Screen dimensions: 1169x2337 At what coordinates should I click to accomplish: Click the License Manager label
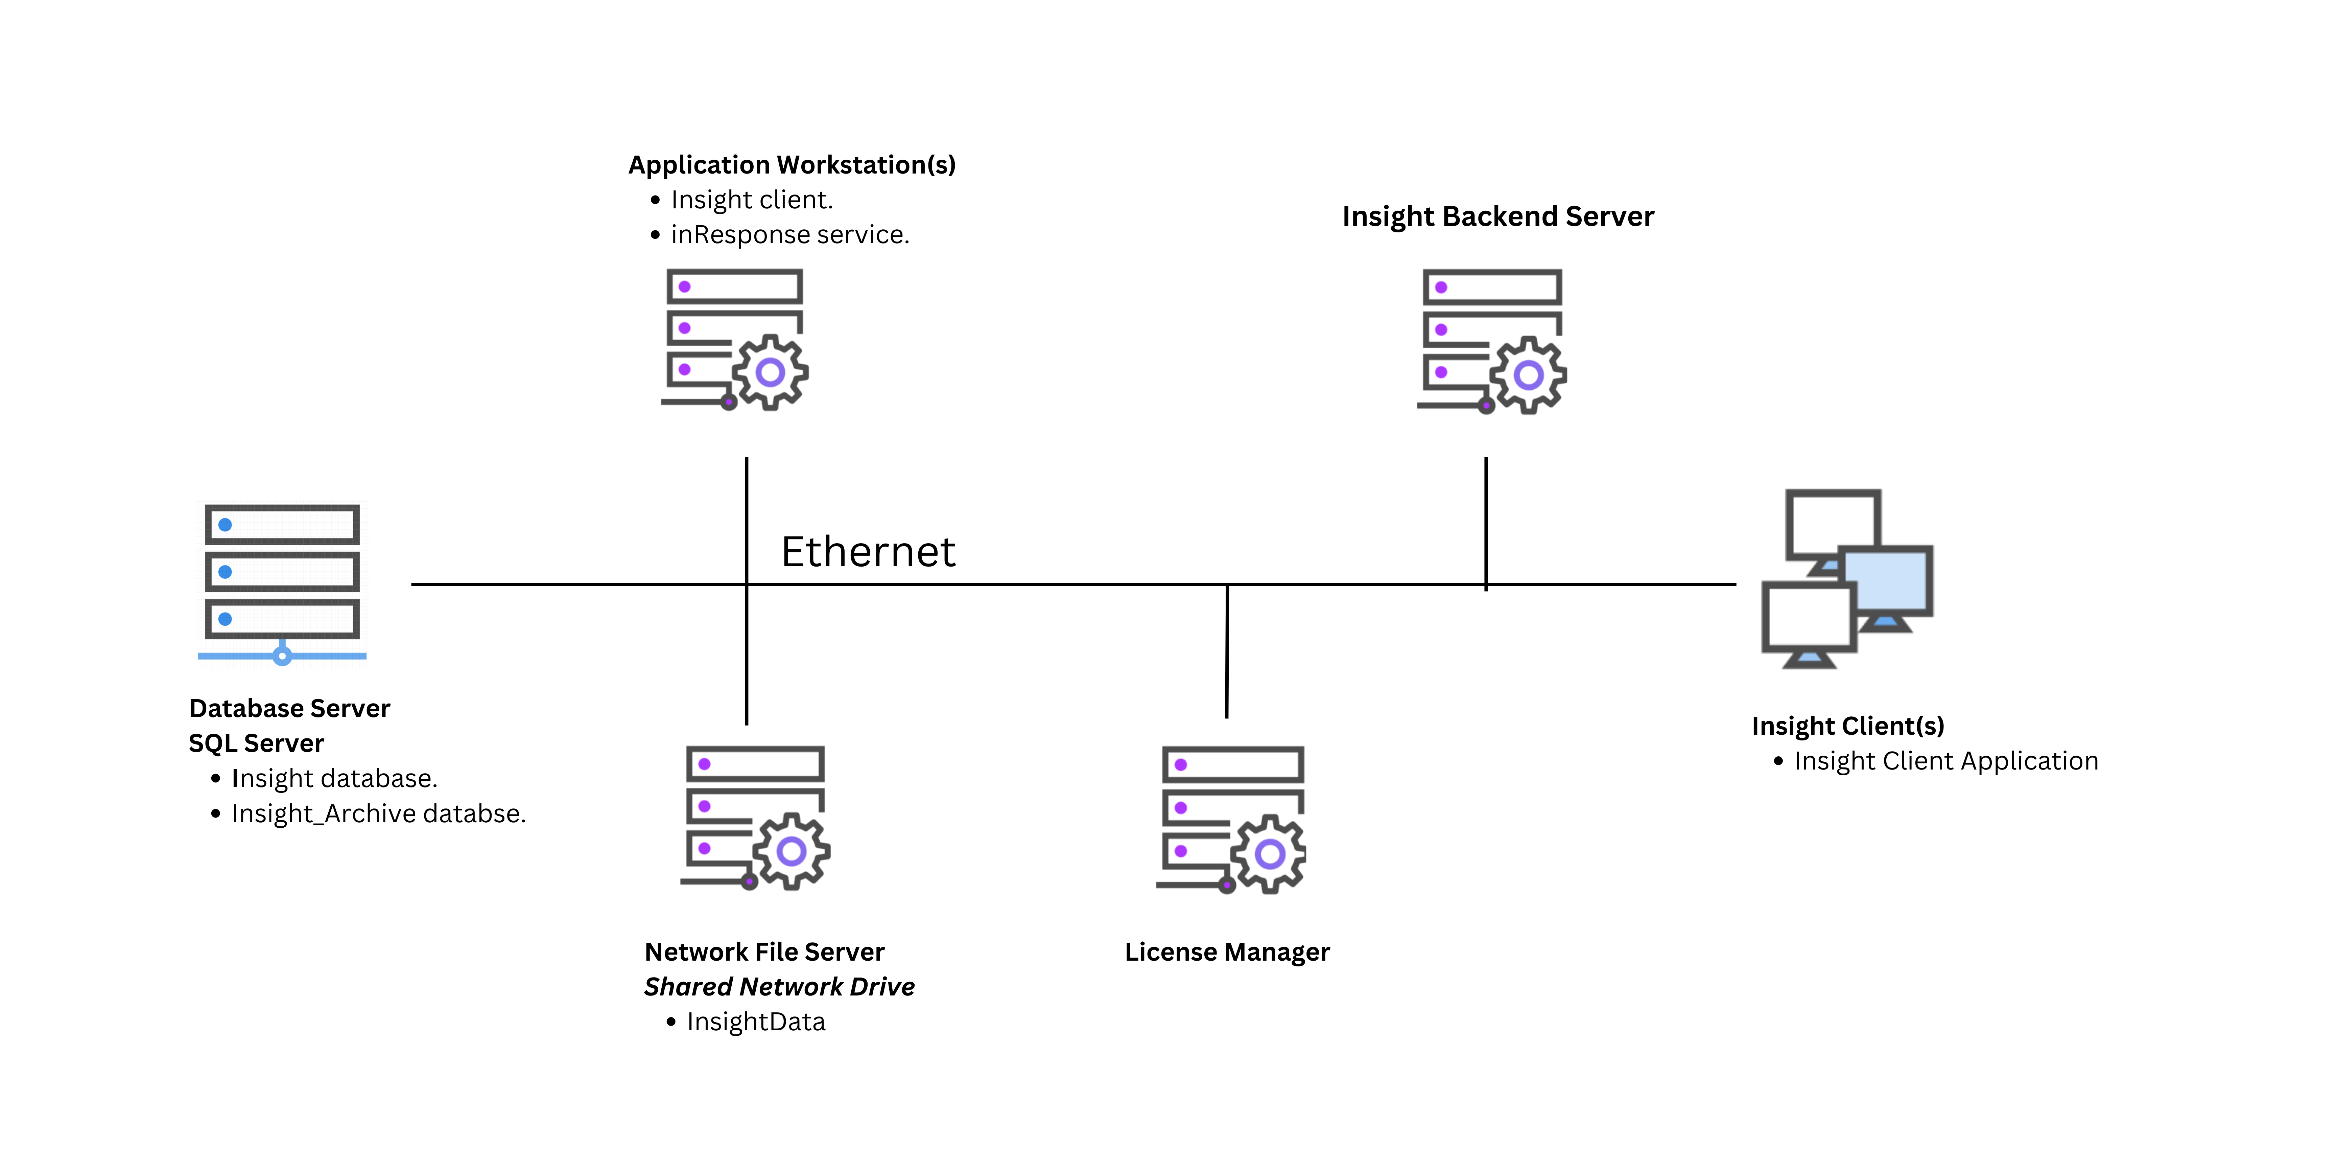(1227, 952)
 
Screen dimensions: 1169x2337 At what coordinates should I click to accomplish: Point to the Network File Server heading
(764, 952)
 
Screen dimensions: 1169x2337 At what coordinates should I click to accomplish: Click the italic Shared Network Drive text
(778, 987)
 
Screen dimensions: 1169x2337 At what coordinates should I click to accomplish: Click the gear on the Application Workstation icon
(770, 372)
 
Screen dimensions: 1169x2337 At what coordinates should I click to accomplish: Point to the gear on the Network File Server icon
(791, 851)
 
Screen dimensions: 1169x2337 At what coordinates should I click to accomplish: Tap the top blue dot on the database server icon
(225, 525)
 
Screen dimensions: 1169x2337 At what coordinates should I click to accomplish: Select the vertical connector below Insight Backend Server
(1485, 522)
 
